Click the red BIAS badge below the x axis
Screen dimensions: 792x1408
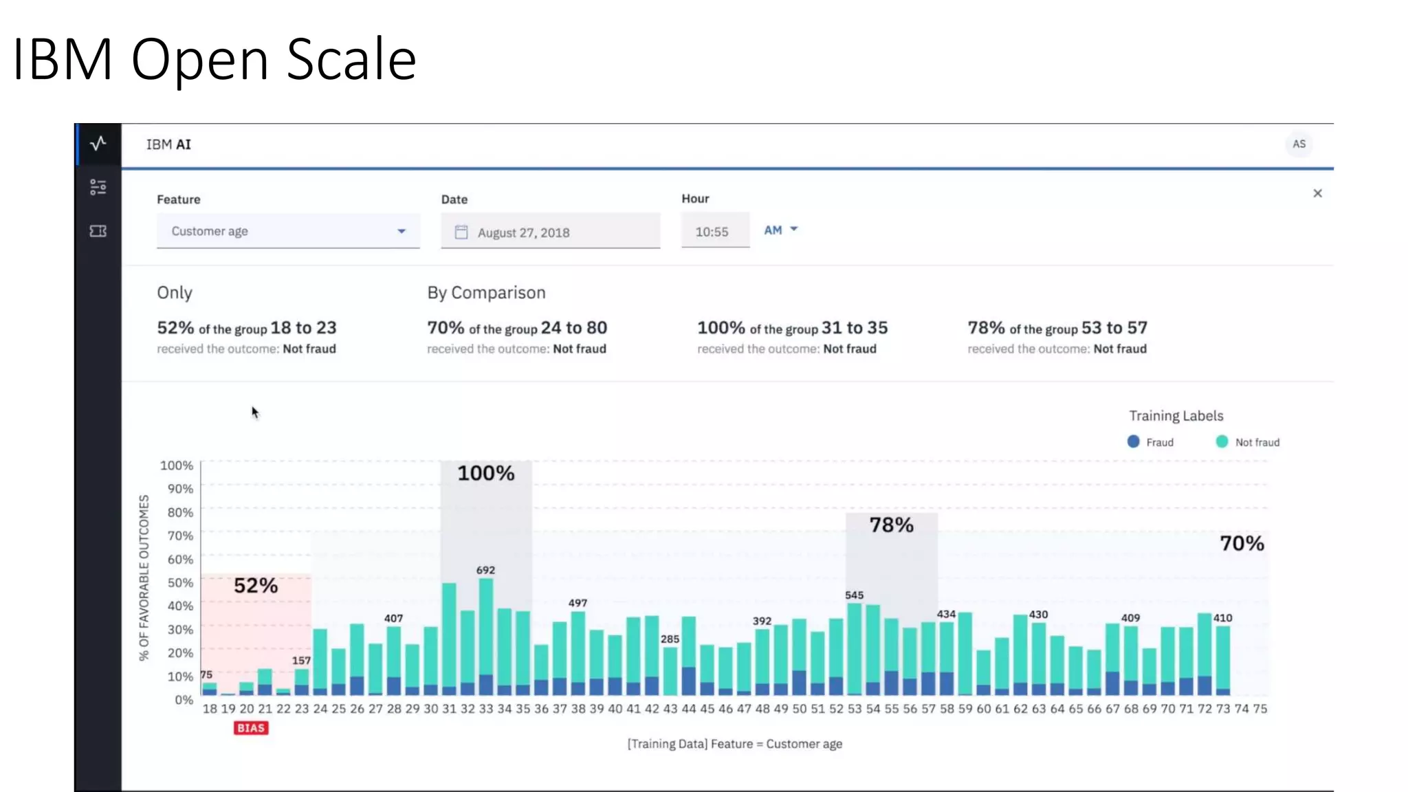[x=251, y=728]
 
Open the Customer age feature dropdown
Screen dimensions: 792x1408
[x=287, y=231]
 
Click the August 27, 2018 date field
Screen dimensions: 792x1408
[x=550, y=232]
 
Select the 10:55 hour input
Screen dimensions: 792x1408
[x=714, y=232]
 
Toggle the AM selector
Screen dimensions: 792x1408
[x=780, y=230]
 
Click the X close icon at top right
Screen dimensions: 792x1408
[x=1317, y=193]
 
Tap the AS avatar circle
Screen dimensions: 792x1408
[x=1298, y=144]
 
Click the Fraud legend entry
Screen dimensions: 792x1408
[x=1151, y=442]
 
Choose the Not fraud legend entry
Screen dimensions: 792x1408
[x=1248, y=442]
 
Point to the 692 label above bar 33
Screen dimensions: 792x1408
[x=485, y=570]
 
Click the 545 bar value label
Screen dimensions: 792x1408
[x=854, y=595]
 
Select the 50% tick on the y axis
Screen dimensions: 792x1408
[x=180, y=582]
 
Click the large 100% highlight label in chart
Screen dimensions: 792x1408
[x=486, y=473]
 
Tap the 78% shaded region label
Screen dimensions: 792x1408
[x=891, y=525]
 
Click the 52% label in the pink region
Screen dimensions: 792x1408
[x=256, y=586]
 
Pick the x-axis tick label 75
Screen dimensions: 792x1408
[x=1259, y=709]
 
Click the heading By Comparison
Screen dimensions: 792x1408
[x=486, y=293]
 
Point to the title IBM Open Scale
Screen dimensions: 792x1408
[x=214, y=59]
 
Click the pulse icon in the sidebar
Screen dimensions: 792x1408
[x=98, y=144]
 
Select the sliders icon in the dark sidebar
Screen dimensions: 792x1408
[x=98, y=187]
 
